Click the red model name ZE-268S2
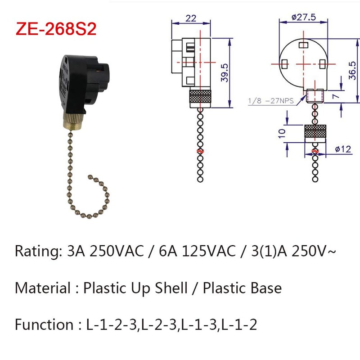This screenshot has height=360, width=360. [56, 29]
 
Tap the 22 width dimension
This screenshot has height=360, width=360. [191, 18]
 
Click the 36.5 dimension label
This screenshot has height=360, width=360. [353, 71]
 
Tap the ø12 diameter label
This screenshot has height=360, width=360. [343, 149]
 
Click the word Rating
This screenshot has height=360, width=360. [35, 251]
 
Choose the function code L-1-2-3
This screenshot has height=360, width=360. [110, 324]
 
